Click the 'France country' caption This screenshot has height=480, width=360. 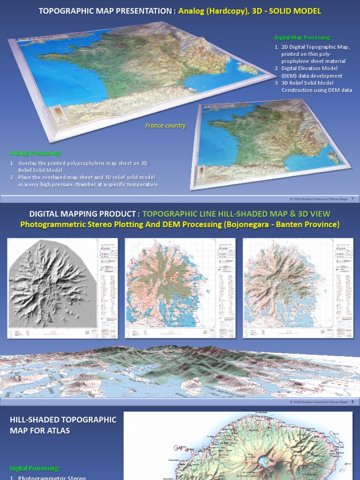[165, 126]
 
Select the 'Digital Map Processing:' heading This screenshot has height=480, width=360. [302, 37]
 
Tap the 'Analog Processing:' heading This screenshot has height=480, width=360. [36, 153]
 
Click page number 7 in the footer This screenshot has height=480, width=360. [352, 199]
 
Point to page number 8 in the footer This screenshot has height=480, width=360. [352, 402]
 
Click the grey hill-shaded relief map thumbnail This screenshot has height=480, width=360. [52, 288]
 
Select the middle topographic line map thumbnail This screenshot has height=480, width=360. [170, 288]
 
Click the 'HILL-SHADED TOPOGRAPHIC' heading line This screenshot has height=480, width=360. [63, 420]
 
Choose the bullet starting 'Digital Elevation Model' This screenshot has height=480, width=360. [309, 68]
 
